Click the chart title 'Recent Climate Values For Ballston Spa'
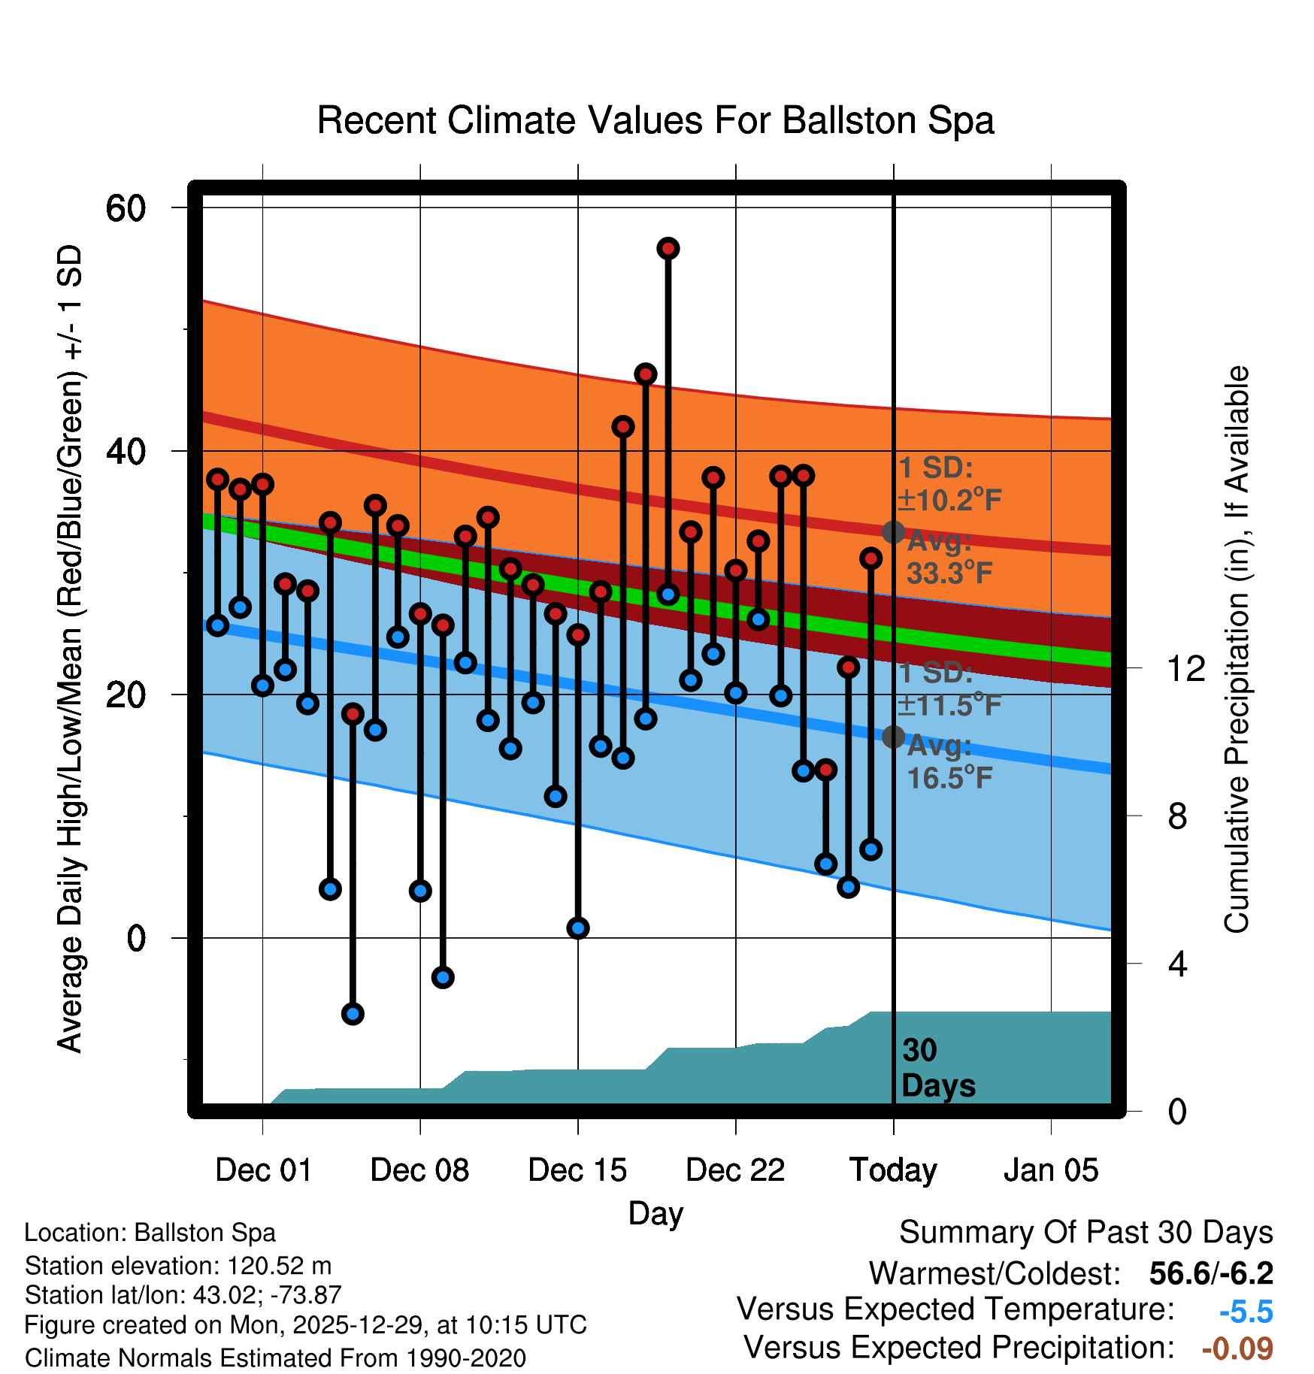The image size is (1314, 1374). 655,120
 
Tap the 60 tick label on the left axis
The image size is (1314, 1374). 126,208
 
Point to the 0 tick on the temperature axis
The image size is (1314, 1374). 136,938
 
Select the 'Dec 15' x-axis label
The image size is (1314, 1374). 577,1170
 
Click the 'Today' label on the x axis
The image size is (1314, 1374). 893,1170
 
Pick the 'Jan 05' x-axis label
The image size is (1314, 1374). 1051,1170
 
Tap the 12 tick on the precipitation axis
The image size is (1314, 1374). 1185,668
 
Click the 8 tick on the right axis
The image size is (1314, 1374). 1177,816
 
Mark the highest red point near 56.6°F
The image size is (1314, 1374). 668,248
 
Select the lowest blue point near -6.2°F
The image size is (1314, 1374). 353,1014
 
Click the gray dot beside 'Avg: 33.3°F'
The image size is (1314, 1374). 893,532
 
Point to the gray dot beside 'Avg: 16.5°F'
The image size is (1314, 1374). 893,737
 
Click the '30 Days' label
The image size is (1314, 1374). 937,1068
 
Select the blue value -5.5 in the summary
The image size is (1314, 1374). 1246,1312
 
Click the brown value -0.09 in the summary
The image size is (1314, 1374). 1237,1348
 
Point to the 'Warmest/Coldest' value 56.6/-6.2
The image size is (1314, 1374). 1211,1273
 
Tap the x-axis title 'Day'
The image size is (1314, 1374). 655,1213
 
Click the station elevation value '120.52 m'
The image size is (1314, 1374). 279,1266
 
